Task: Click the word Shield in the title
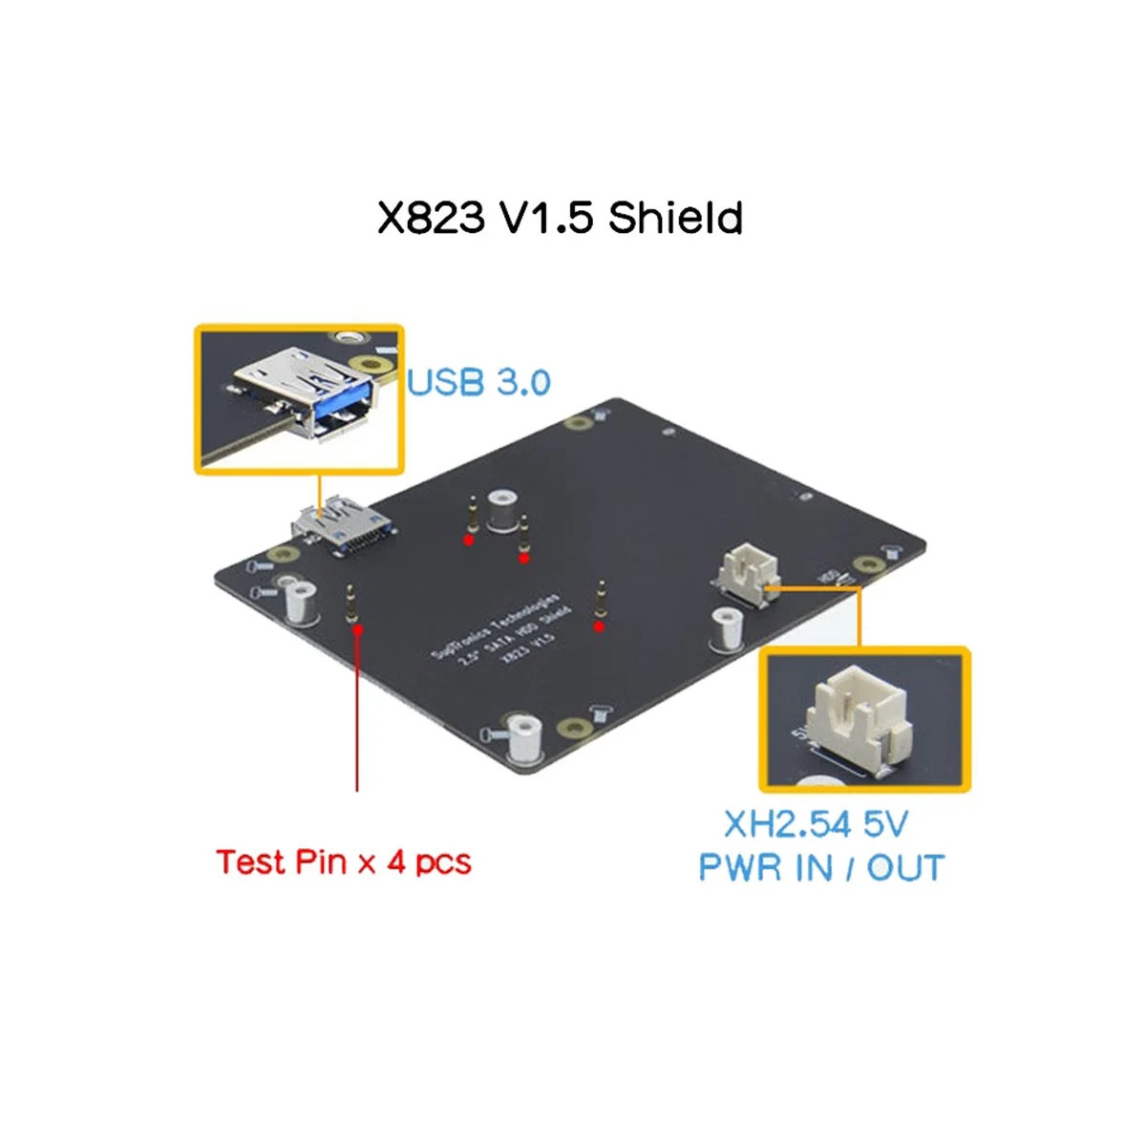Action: tap(675, 219)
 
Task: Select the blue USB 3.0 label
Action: tap(479, 382)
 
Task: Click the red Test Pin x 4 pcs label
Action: tap(343, 861)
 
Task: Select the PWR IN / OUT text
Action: tap(820, 868)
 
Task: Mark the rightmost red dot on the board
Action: tap(599, 626)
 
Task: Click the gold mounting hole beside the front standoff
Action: tap(572, 730)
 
